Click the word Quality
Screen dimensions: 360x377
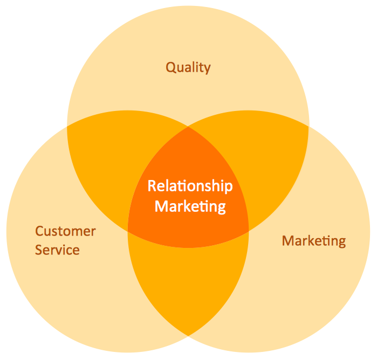188,68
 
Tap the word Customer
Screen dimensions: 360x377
65,232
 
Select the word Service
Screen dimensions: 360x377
57,250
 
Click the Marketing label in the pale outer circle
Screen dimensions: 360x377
314,240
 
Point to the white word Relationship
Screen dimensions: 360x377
190,186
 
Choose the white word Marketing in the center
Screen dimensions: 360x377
190,206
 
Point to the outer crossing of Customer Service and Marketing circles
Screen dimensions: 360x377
188,335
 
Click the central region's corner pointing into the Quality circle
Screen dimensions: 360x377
188,127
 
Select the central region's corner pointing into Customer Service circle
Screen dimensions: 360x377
128,231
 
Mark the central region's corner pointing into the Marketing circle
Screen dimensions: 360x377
249,231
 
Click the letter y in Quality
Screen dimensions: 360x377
207,70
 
